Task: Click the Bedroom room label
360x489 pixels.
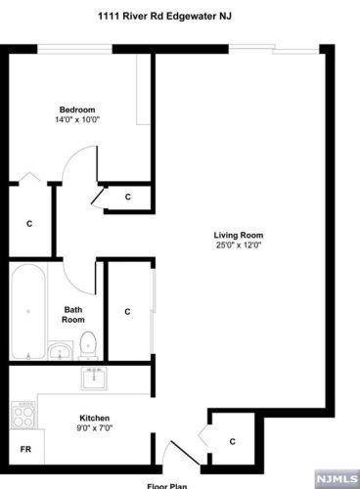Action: point(74,110)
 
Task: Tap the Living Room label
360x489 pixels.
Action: point(239,235)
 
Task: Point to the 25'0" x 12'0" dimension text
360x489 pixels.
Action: point(240,244)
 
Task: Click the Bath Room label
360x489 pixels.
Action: point(73,314)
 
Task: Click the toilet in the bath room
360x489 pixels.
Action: point(88,343)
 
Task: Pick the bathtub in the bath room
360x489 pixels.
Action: point(26,311)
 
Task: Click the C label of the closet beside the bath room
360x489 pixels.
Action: point(127,312)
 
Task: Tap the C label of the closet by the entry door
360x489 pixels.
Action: point(232,441)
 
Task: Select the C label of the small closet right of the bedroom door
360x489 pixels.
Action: point(128,198)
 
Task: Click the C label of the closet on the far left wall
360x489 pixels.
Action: point(29,224)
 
